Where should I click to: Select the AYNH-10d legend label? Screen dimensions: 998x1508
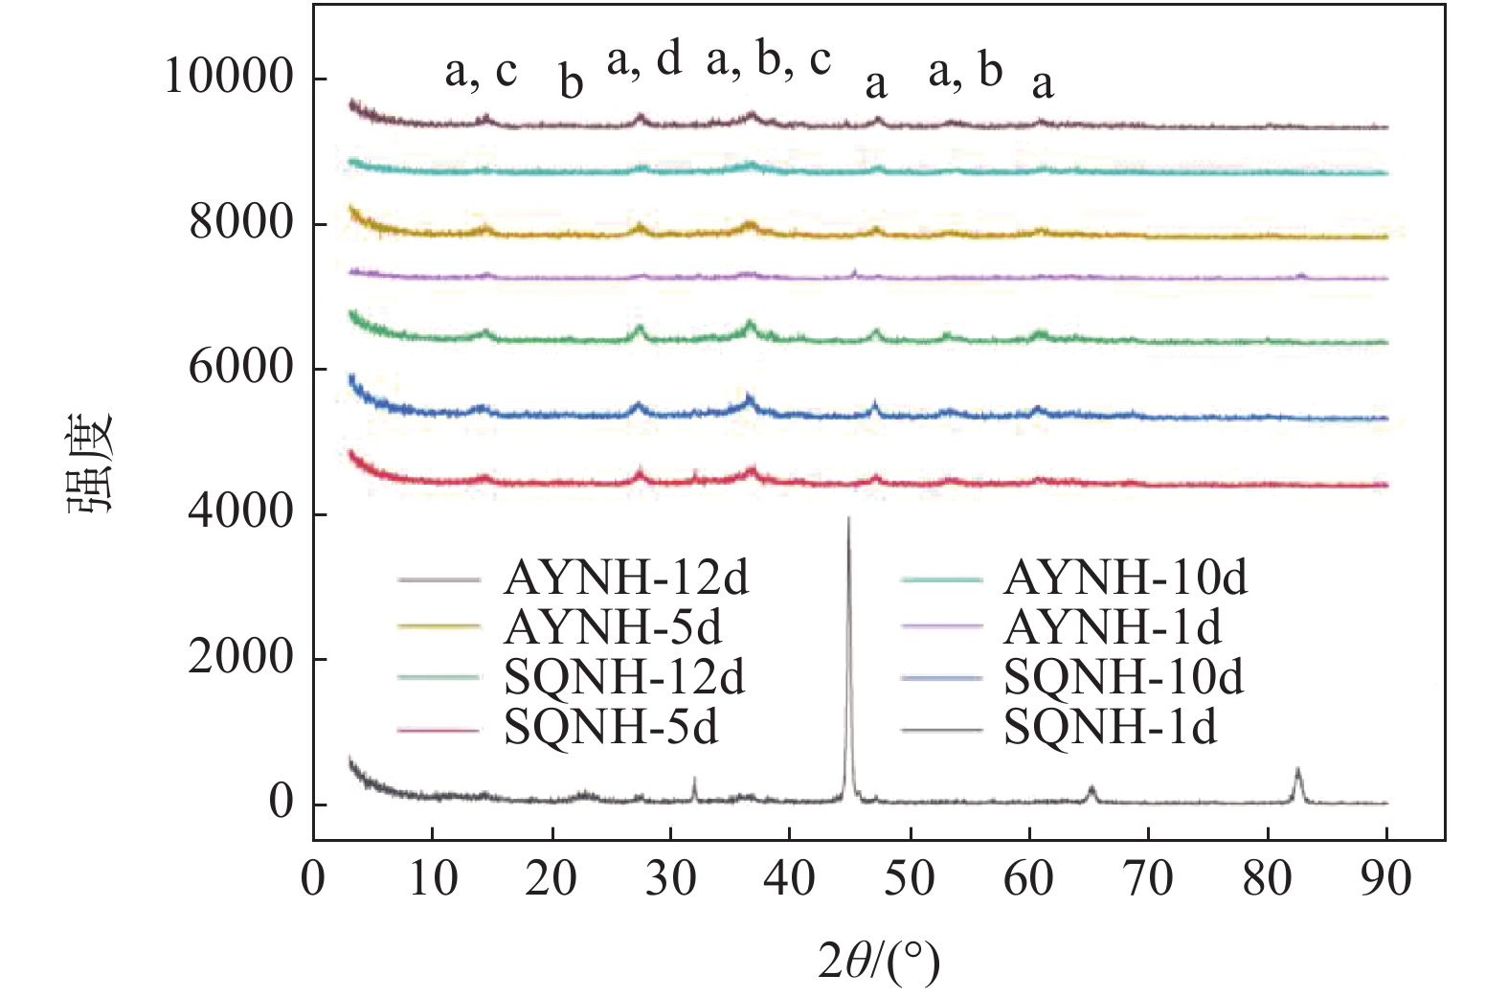coord(1125,578)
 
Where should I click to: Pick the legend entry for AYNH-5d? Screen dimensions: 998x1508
coord(613,627)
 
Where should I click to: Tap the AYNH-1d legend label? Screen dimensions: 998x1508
coord(1113,627)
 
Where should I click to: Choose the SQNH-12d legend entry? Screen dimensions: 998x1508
coord(624,678)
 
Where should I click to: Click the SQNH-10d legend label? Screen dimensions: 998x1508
coord(1124,678)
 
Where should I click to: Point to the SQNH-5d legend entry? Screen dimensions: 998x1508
coord(611,729)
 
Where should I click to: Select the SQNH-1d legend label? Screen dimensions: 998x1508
coord(1111,729)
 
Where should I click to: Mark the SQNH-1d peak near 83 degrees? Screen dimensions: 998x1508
coord(1298,771)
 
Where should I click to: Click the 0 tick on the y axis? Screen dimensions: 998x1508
coord(281,803)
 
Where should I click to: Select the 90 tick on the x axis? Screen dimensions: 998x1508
coord(1386,879)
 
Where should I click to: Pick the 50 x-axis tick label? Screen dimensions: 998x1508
coord(910,879)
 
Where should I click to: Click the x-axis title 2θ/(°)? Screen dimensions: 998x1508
coord(879,961)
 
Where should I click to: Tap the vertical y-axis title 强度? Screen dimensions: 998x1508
coord(91,463)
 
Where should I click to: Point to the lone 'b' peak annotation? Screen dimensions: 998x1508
coord(572,83)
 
